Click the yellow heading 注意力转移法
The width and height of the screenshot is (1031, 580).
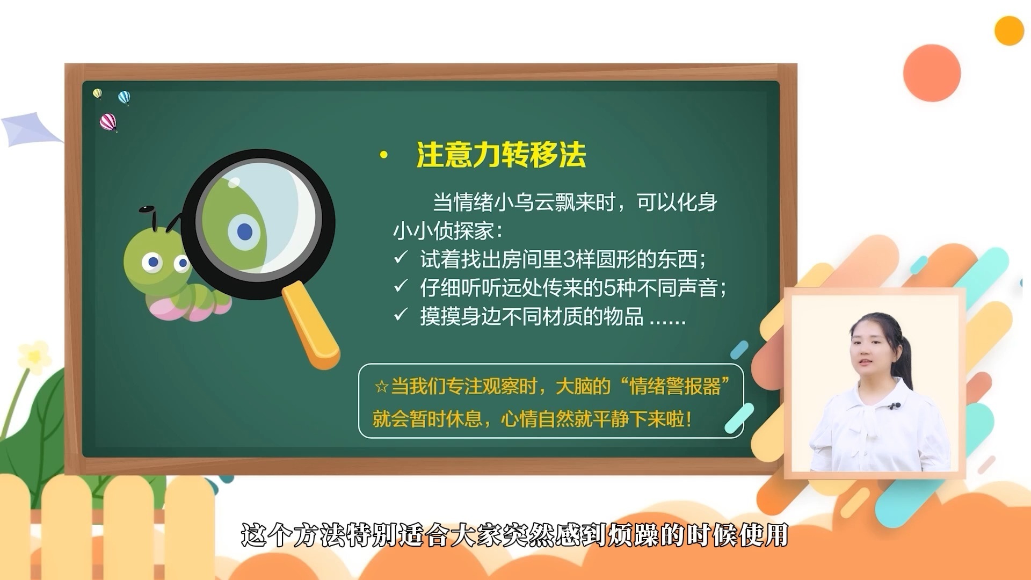500,155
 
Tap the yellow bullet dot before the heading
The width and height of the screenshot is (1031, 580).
383,156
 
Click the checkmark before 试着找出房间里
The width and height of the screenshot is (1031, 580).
401,258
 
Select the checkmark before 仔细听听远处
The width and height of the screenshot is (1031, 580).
401,286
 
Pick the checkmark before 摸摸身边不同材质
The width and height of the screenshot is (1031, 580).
401,315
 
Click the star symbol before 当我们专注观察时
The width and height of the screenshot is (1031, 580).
381,387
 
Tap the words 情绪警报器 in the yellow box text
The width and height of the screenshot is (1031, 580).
674,387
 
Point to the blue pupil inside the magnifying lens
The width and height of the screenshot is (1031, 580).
245,232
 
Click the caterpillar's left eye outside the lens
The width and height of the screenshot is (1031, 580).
153,262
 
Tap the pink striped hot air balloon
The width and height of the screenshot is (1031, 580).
108,122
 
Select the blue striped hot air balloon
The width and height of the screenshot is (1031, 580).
124,98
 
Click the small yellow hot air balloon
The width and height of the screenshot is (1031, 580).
97,93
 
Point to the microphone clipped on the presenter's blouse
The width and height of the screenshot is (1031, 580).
894,405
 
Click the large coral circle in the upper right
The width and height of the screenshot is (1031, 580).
932,73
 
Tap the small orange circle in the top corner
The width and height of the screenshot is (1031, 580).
1009,31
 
